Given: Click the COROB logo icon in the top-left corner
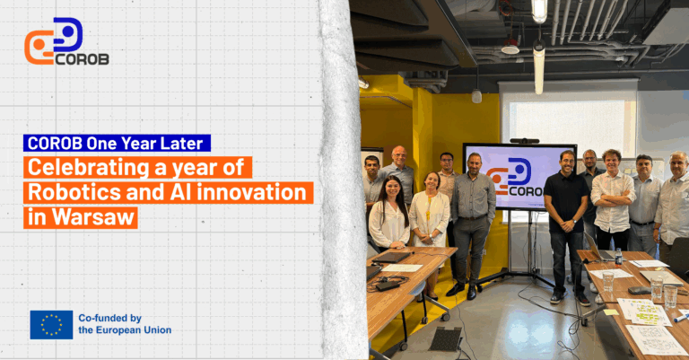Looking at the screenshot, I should click(x=54, y=40).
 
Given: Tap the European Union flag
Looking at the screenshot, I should click(x=51, y=324).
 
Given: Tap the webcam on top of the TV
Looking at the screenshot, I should click(x=524, y=140).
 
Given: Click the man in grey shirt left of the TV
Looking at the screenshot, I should click(x=472, y=215).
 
